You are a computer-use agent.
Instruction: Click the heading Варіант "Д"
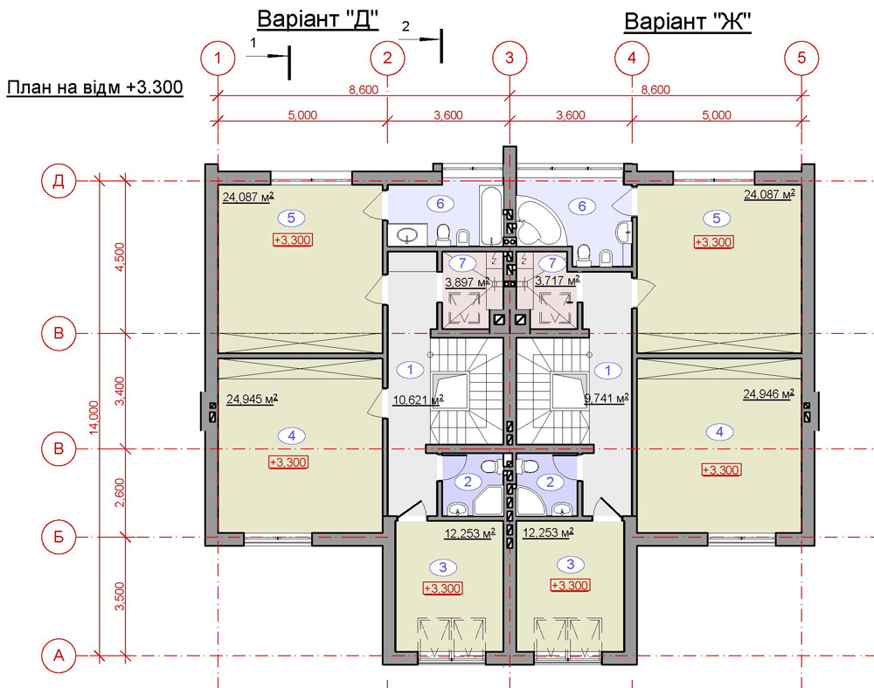[x=318, y=20]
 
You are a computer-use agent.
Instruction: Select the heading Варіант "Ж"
[x=687, y=23]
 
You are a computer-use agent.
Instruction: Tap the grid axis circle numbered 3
[x=510, y=58]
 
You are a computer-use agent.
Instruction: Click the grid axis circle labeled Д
[x=59, y=181]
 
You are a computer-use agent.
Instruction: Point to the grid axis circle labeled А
[x=59, y=656]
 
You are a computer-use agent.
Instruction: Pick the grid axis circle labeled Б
[x=59, y=537]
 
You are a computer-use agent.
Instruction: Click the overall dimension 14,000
[x=94, y=417]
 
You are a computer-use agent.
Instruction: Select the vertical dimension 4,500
[x=119, y=256]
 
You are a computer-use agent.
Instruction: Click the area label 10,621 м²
[x=418, y=400]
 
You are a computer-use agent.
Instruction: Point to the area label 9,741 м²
[x=606, y=398]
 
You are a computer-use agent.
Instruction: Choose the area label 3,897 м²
[x=467, y=282]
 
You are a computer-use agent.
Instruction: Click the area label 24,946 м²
[x=768, y=393]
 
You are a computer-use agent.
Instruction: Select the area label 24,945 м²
[x=252, y=399]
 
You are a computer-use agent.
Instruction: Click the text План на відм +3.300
[x=94, y=87]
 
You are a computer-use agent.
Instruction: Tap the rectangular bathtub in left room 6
[x=491, y=216]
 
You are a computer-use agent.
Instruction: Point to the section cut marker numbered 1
[x=269, y=55]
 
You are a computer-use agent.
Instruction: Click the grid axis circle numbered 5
[x=801, y=58]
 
